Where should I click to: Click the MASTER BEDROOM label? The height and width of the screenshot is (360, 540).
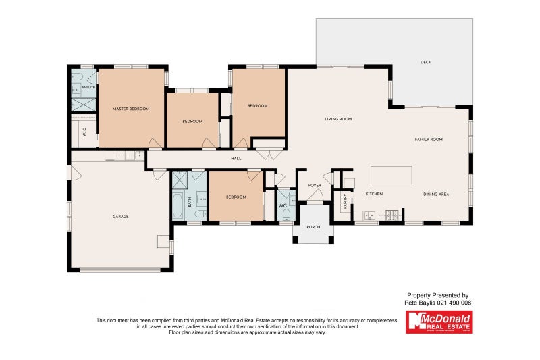coord(131,109)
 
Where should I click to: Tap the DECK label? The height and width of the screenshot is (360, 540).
coord(425,62)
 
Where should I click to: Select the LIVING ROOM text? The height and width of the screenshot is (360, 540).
coord(338,119)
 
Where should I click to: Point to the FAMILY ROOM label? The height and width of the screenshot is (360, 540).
coord(428,139)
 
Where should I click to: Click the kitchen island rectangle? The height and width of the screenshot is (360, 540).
coord(391,175)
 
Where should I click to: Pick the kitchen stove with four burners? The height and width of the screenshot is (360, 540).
coord(392,216)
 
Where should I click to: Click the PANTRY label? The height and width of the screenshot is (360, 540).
coord(344,201)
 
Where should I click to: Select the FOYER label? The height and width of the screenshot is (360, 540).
coord(315,185)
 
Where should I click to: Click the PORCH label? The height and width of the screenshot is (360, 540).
coord(313,227)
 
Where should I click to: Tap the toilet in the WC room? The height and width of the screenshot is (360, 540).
coord(286,215)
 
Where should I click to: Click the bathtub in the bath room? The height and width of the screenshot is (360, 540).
coord(178,205)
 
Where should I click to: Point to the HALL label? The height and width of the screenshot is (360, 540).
coord(236,159)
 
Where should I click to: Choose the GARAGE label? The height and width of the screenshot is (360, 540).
coord(121,216)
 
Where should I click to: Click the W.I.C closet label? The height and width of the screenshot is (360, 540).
coord(84,132)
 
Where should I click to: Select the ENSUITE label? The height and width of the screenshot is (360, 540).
coord(88,88)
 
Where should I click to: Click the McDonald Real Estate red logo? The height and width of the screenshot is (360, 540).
coord(439,322)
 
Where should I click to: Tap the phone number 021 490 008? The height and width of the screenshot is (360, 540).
coord(454,303)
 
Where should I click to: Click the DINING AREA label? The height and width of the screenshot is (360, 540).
coord(436,195)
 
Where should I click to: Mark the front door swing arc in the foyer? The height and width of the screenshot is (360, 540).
coord(315,196)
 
